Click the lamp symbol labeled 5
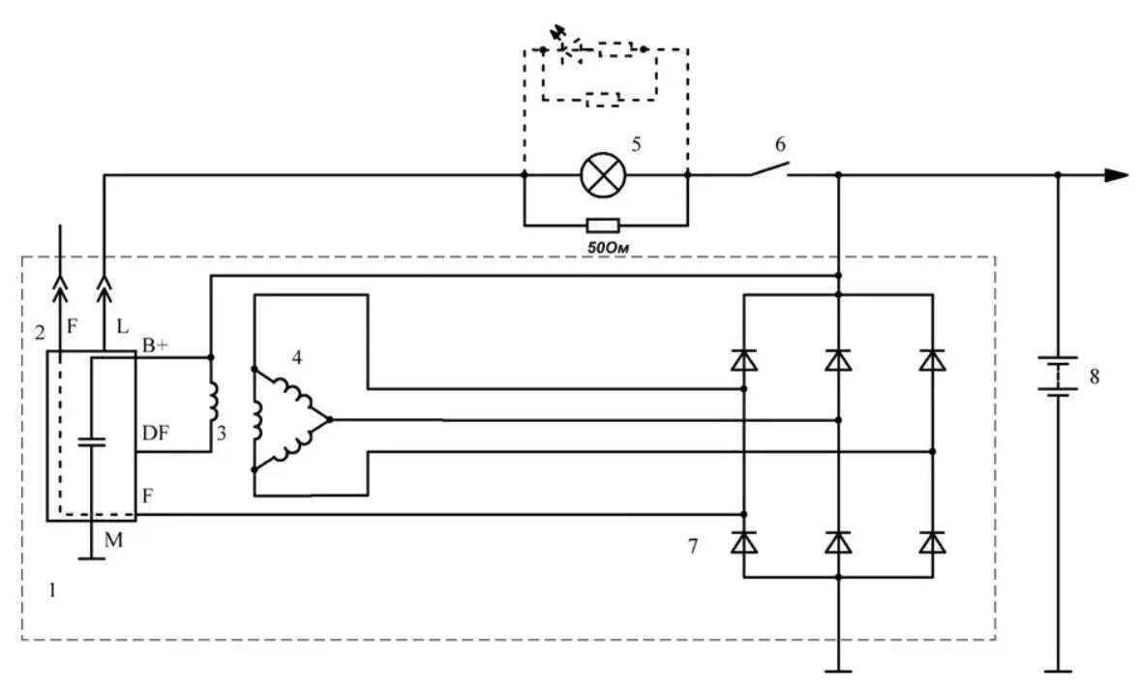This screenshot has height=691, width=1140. coord(605,175)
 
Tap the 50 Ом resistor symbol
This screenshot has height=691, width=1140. coord(603,225)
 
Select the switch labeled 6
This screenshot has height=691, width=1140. coord(768,170)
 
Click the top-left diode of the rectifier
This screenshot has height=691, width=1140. coord(743,361)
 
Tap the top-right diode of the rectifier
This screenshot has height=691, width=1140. coord(933,361)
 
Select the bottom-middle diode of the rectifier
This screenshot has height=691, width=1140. coord(838,543)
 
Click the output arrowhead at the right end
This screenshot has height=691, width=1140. coord(1117,175)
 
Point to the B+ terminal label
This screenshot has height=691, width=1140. coord(157,345)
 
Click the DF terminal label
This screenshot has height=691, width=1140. coord(155,435)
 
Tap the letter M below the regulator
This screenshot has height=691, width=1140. coord(114,541)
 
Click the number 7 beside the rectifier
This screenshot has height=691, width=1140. coord(692,547)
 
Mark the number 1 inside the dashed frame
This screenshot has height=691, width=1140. coord(52,588)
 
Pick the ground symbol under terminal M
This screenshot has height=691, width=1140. coord(90,557)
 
